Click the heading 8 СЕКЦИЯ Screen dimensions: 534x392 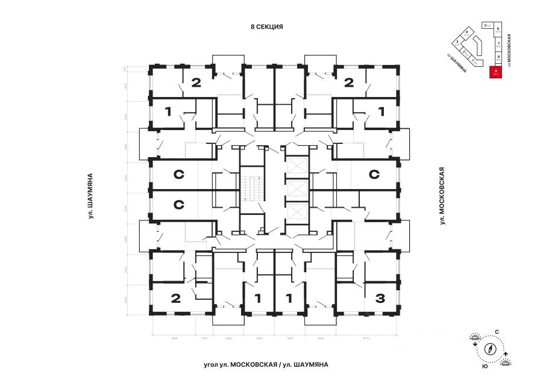coord(266,27)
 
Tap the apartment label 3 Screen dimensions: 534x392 coord(380,297)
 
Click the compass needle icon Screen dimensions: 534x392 coord(490,349)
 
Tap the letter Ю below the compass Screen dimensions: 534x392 coord(485,366)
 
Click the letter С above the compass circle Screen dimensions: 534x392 coord(497,332)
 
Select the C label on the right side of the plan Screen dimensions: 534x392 coord(374,175)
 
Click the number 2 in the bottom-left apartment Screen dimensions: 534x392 coord(175,297)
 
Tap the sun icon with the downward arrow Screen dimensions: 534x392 coord(474,340)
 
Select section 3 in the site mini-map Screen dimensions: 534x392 coord(458,43)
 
